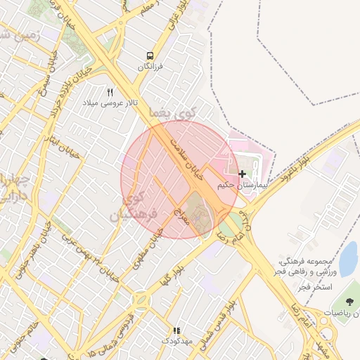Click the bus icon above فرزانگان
(149, 55)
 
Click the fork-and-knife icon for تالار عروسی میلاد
(110, 92)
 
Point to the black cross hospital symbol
(243, 173)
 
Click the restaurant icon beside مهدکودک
(176, 330)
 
